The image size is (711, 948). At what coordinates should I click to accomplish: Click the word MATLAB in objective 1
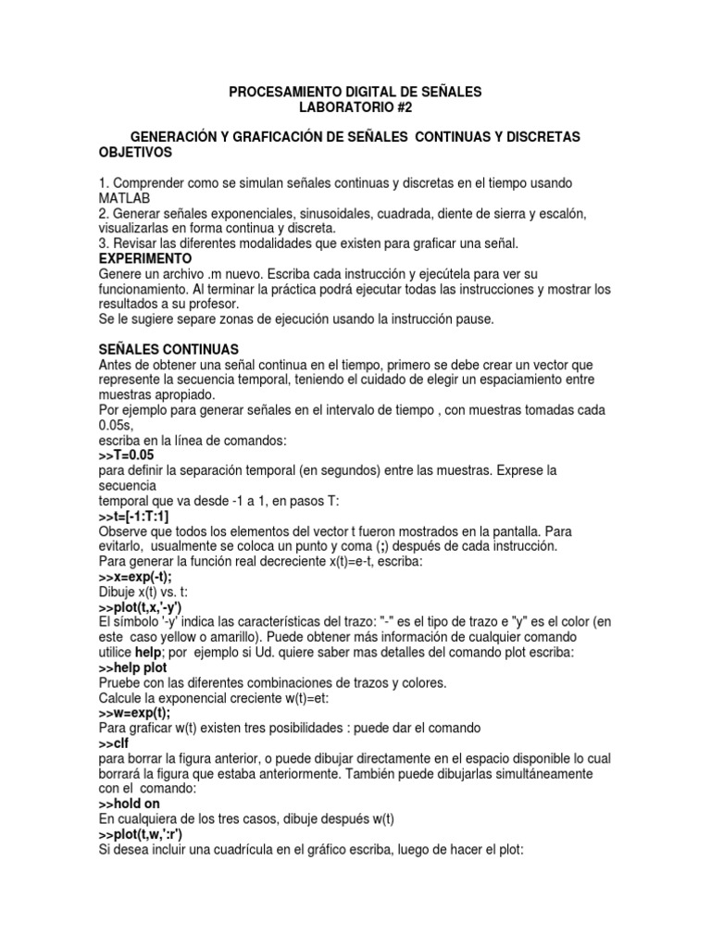click(125, 198)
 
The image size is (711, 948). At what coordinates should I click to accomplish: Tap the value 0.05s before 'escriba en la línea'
click(116, 424)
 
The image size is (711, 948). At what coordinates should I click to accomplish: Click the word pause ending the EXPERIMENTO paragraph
click(476, 319)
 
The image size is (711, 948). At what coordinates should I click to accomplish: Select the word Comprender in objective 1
click(148, 183)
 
